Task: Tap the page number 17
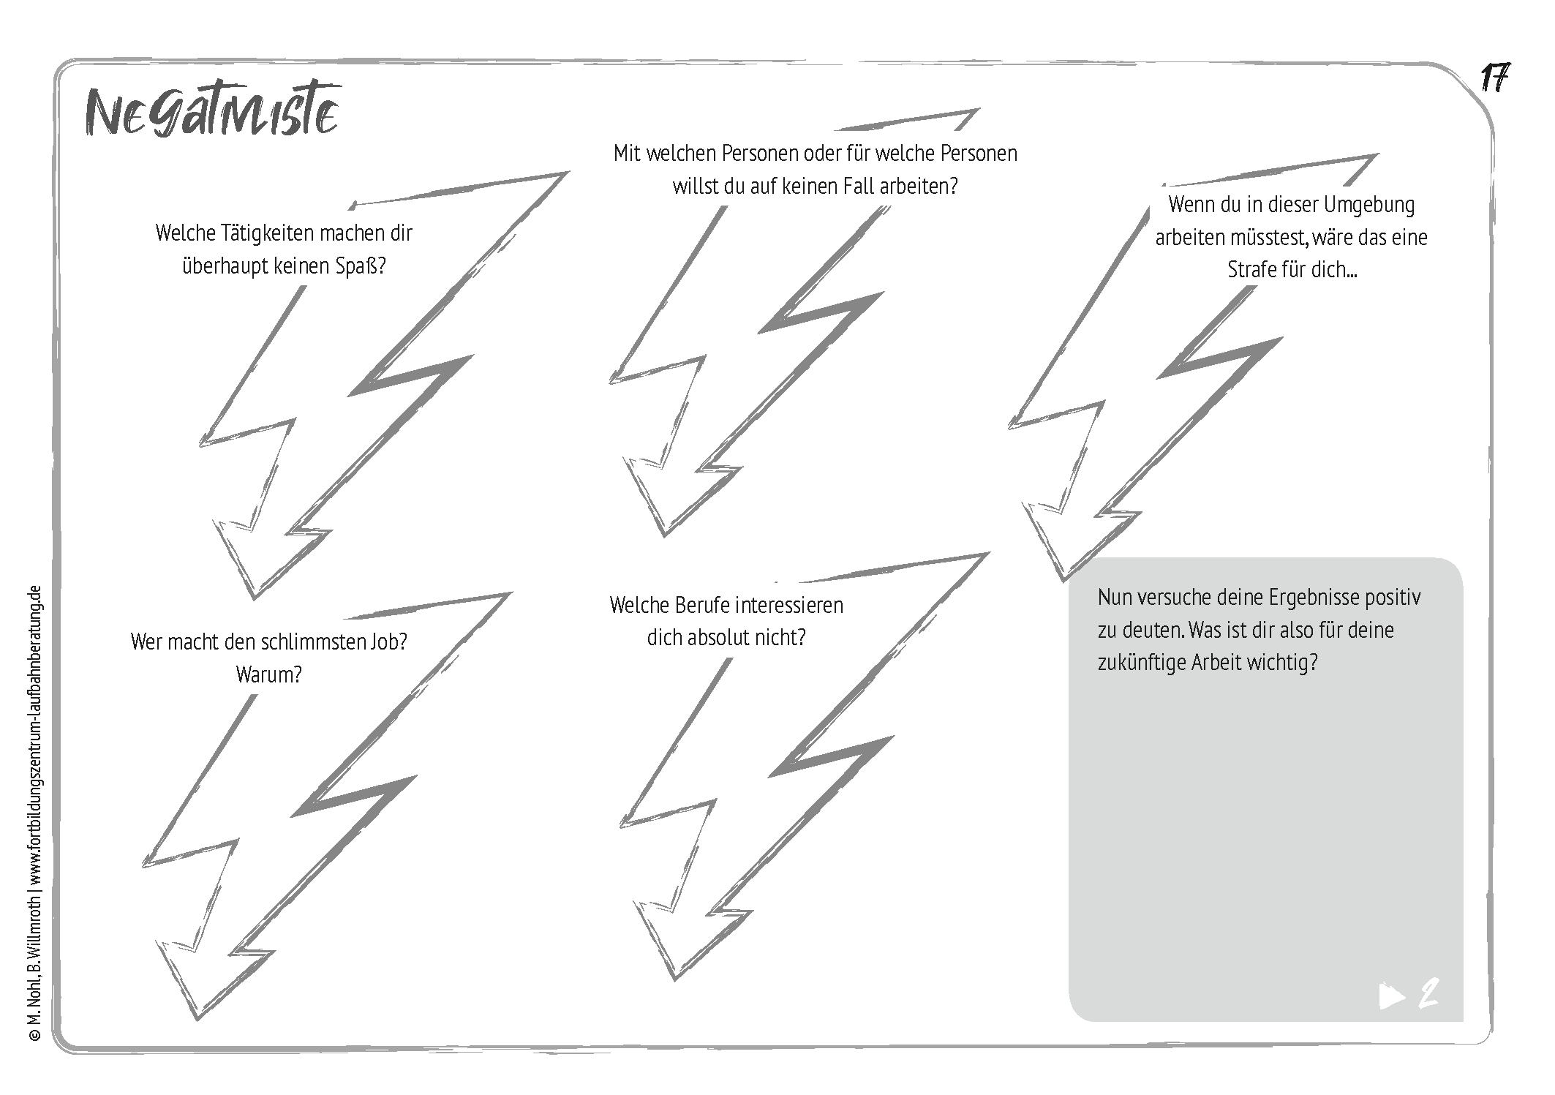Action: (1495, 78)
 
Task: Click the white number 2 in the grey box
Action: (1428, 994)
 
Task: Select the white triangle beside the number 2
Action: (1392, 996)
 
